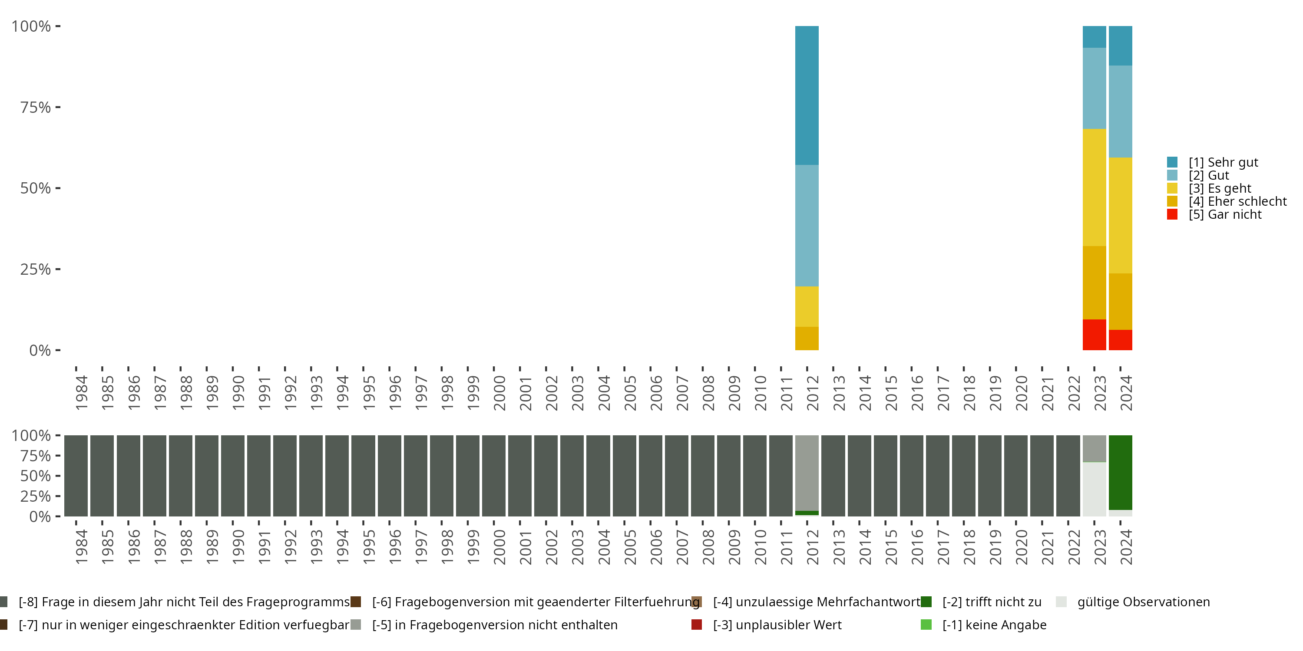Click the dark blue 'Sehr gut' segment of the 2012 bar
point(807,95)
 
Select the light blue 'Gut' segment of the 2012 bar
point(807,225)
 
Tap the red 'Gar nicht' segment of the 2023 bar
point(1094,335)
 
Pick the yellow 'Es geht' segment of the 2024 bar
point(1121,215)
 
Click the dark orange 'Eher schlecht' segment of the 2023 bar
point(1094,283)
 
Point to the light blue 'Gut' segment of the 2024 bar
point(1121,111)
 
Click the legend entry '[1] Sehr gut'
point(1223,162)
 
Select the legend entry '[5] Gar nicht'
point(1224,214)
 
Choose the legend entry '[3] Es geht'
point(1220,188)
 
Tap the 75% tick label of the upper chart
point(36,107)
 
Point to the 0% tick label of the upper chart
point(40,350)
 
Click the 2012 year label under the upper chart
point(812,393)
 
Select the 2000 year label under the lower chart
point(499,547)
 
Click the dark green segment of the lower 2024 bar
point(1121,472)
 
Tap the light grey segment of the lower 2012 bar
point(807,473)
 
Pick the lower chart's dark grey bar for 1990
point(233,476)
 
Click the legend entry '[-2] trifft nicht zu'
point(992,602)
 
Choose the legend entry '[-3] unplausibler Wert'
point(777,625)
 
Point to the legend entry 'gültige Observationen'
point(1143,602)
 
